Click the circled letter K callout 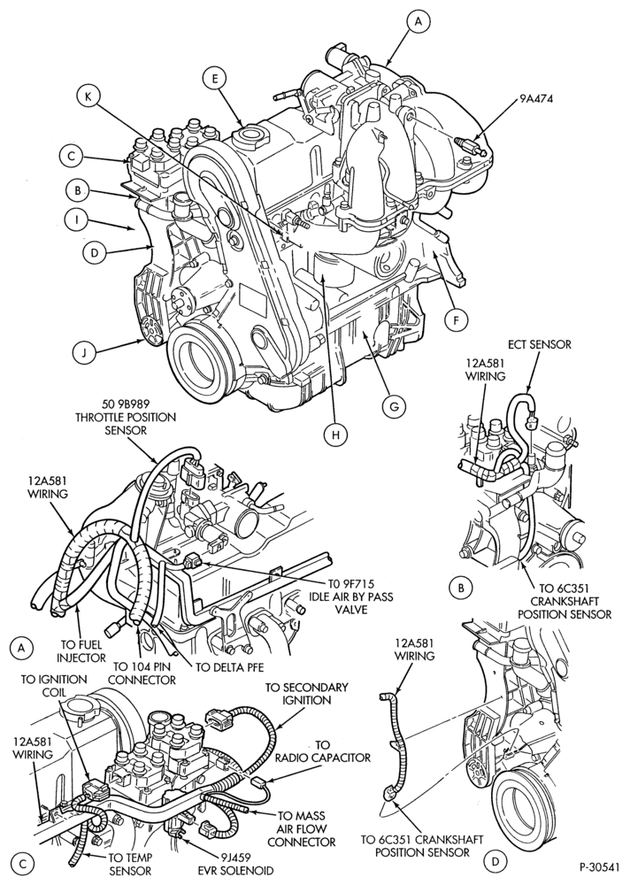(88, 97)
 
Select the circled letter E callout (215, 80)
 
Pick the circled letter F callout (456, 320)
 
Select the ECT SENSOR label (539, 343)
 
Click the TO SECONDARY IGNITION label (306, 694)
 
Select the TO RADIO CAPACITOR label (323, 751)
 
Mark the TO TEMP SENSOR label (130, 864)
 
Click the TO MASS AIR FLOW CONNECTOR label (302, 828)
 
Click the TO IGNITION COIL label (54, 686)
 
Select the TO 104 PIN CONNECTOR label (142, 673)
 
